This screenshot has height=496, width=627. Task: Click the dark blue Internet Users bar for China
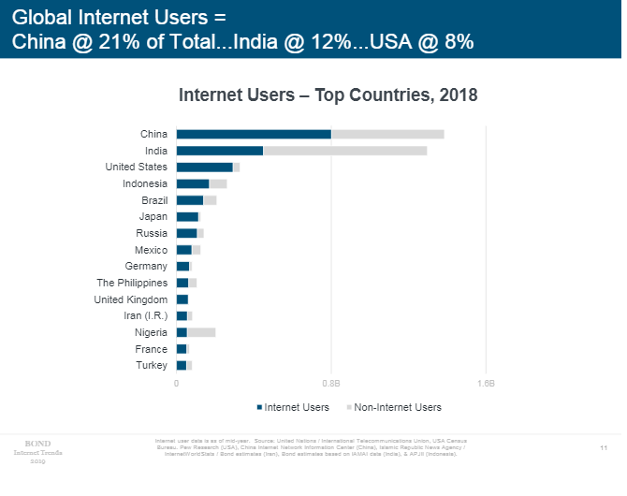[x=254, y=134]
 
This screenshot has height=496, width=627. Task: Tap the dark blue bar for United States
[x=204, y=168]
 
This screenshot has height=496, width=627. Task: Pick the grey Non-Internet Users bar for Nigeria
[x=201, y=332]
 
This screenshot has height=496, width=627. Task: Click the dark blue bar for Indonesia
[x=193, y=183]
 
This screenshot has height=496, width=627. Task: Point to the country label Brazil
[x=154, y=200]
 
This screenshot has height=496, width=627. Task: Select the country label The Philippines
[x=132, y=283]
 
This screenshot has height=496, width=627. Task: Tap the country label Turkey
[x=152, y=365]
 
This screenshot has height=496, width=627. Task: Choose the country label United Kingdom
[x=131, y=299]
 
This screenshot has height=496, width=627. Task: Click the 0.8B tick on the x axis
[x=330, y=384]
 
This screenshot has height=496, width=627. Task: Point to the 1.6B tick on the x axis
[x=485, y=384]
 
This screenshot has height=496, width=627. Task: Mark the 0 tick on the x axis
[x=176, y=384]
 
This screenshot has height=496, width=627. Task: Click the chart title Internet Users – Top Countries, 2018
[x=328, y=95]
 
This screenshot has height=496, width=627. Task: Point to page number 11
[x=604, y=448]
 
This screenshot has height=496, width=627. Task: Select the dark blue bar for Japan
[x=187, y=217]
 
